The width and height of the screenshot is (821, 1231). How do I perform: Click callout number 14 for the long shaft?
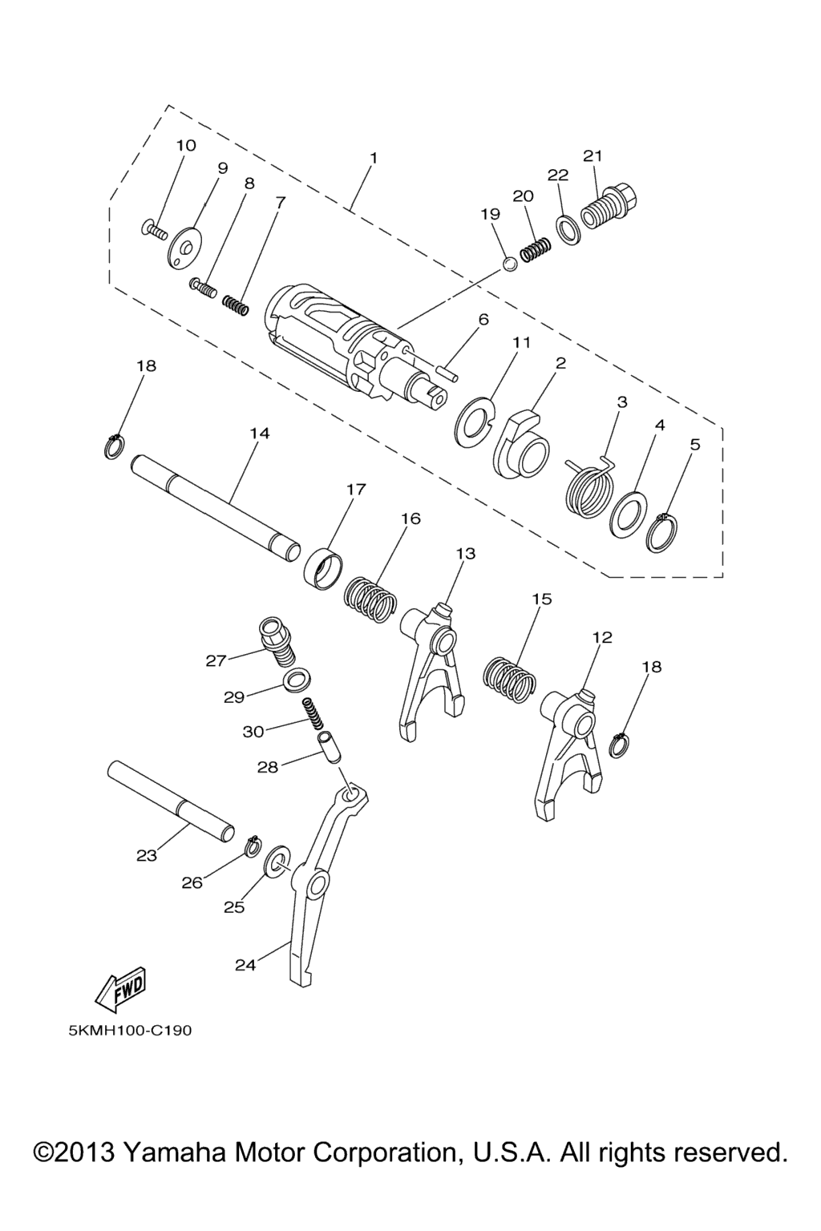[x=259, y=433]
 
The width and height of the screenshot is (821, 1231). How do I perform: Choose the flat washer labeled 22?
[x=568, y=230]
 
